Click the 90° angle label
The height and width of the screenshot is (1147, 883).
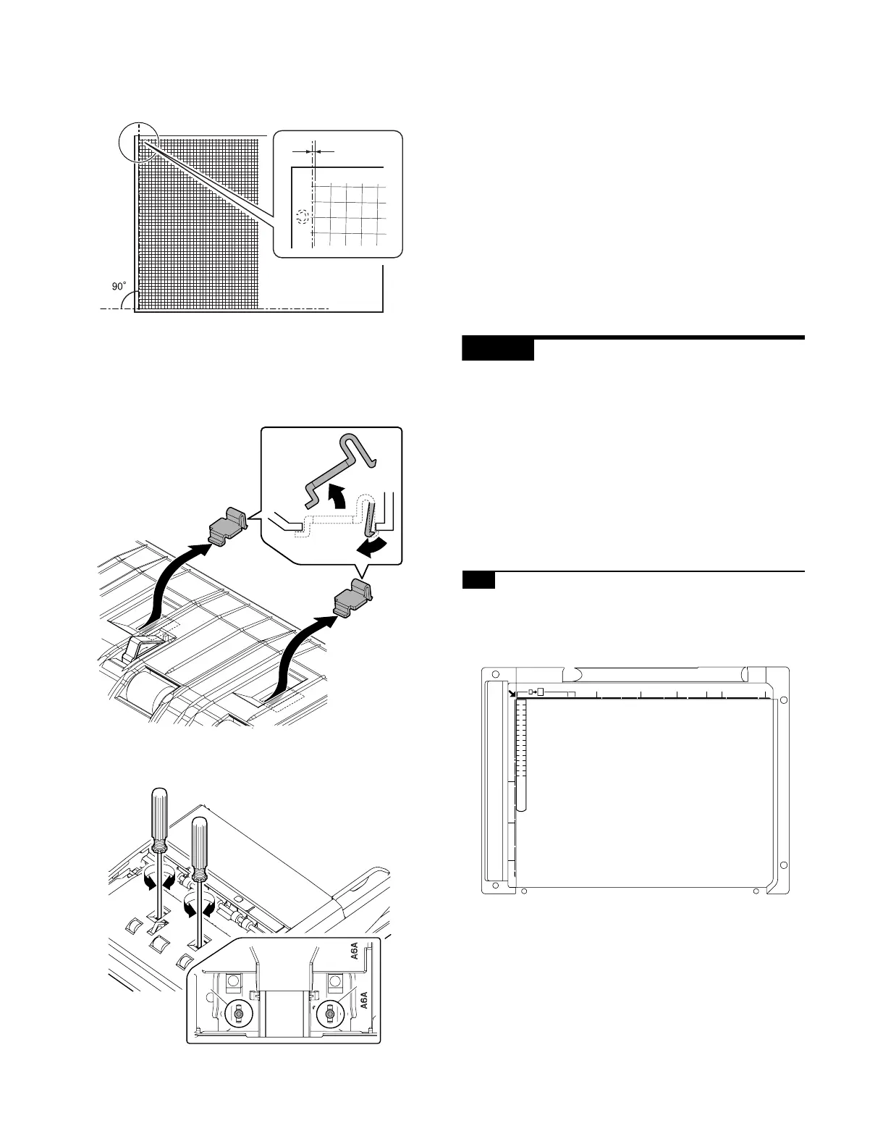pyautogui.click(x=119, y=287)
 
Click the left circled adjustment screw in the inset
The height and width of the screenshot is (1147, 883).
pyautogui.click(x=237, y=1014)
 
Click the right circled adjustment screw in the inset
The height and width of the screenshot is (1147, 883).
pyautogui.click(x=329, y=1014)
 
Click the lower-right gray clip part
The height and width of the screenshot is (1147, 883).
pyautogui.click(x=354, y=597)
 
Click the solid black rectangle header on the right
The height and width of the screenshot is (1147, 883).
pyautogui.click(x=498, y=350)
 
